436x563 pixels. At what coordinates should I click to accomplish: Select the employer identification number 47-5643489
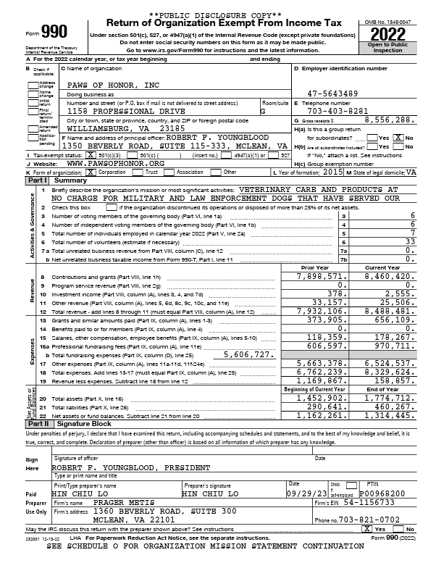(x=332, y=93)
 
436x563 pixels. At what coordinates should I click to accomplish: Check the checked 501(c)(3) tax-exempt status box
(x=91, y=155)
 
